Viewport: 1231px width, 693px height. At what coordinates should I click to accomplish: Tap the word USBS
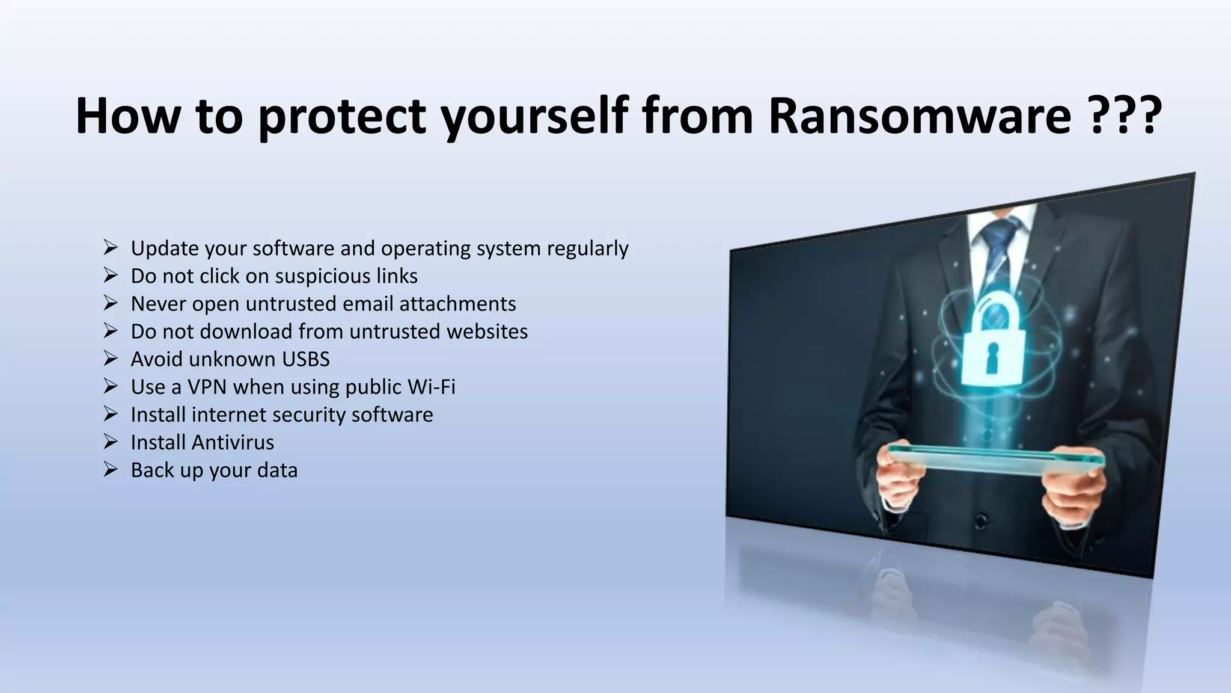(306, 359)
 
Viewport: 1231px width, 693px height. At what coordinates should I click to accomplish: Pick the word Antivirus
(232, 442)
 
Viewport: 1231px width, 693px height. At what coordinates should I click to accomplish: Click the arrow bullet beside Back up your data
(110, 469)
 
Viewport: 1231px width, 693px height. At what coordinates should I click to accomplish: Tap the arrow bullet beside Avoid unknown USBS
(110, 359)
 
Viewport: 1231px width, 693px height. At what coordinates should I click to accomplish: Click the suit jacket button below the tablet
(981, 520)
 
